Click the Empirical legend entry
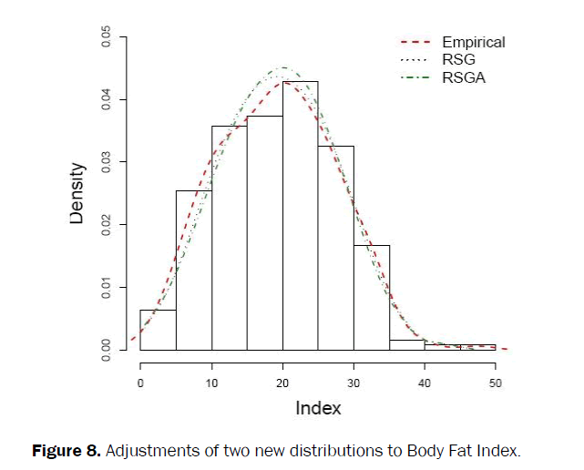[x=473, y=42]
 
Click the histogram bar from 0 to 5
[x=159, y=330]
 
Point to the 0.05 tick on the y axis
[x=108, y=36]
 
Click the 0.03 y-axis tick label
[x=108, y=162]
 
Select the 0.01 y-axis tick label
[x=108, y=288]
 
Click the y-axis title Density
[x=78, y=193]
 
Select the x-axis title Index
[x=318, y=408]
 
